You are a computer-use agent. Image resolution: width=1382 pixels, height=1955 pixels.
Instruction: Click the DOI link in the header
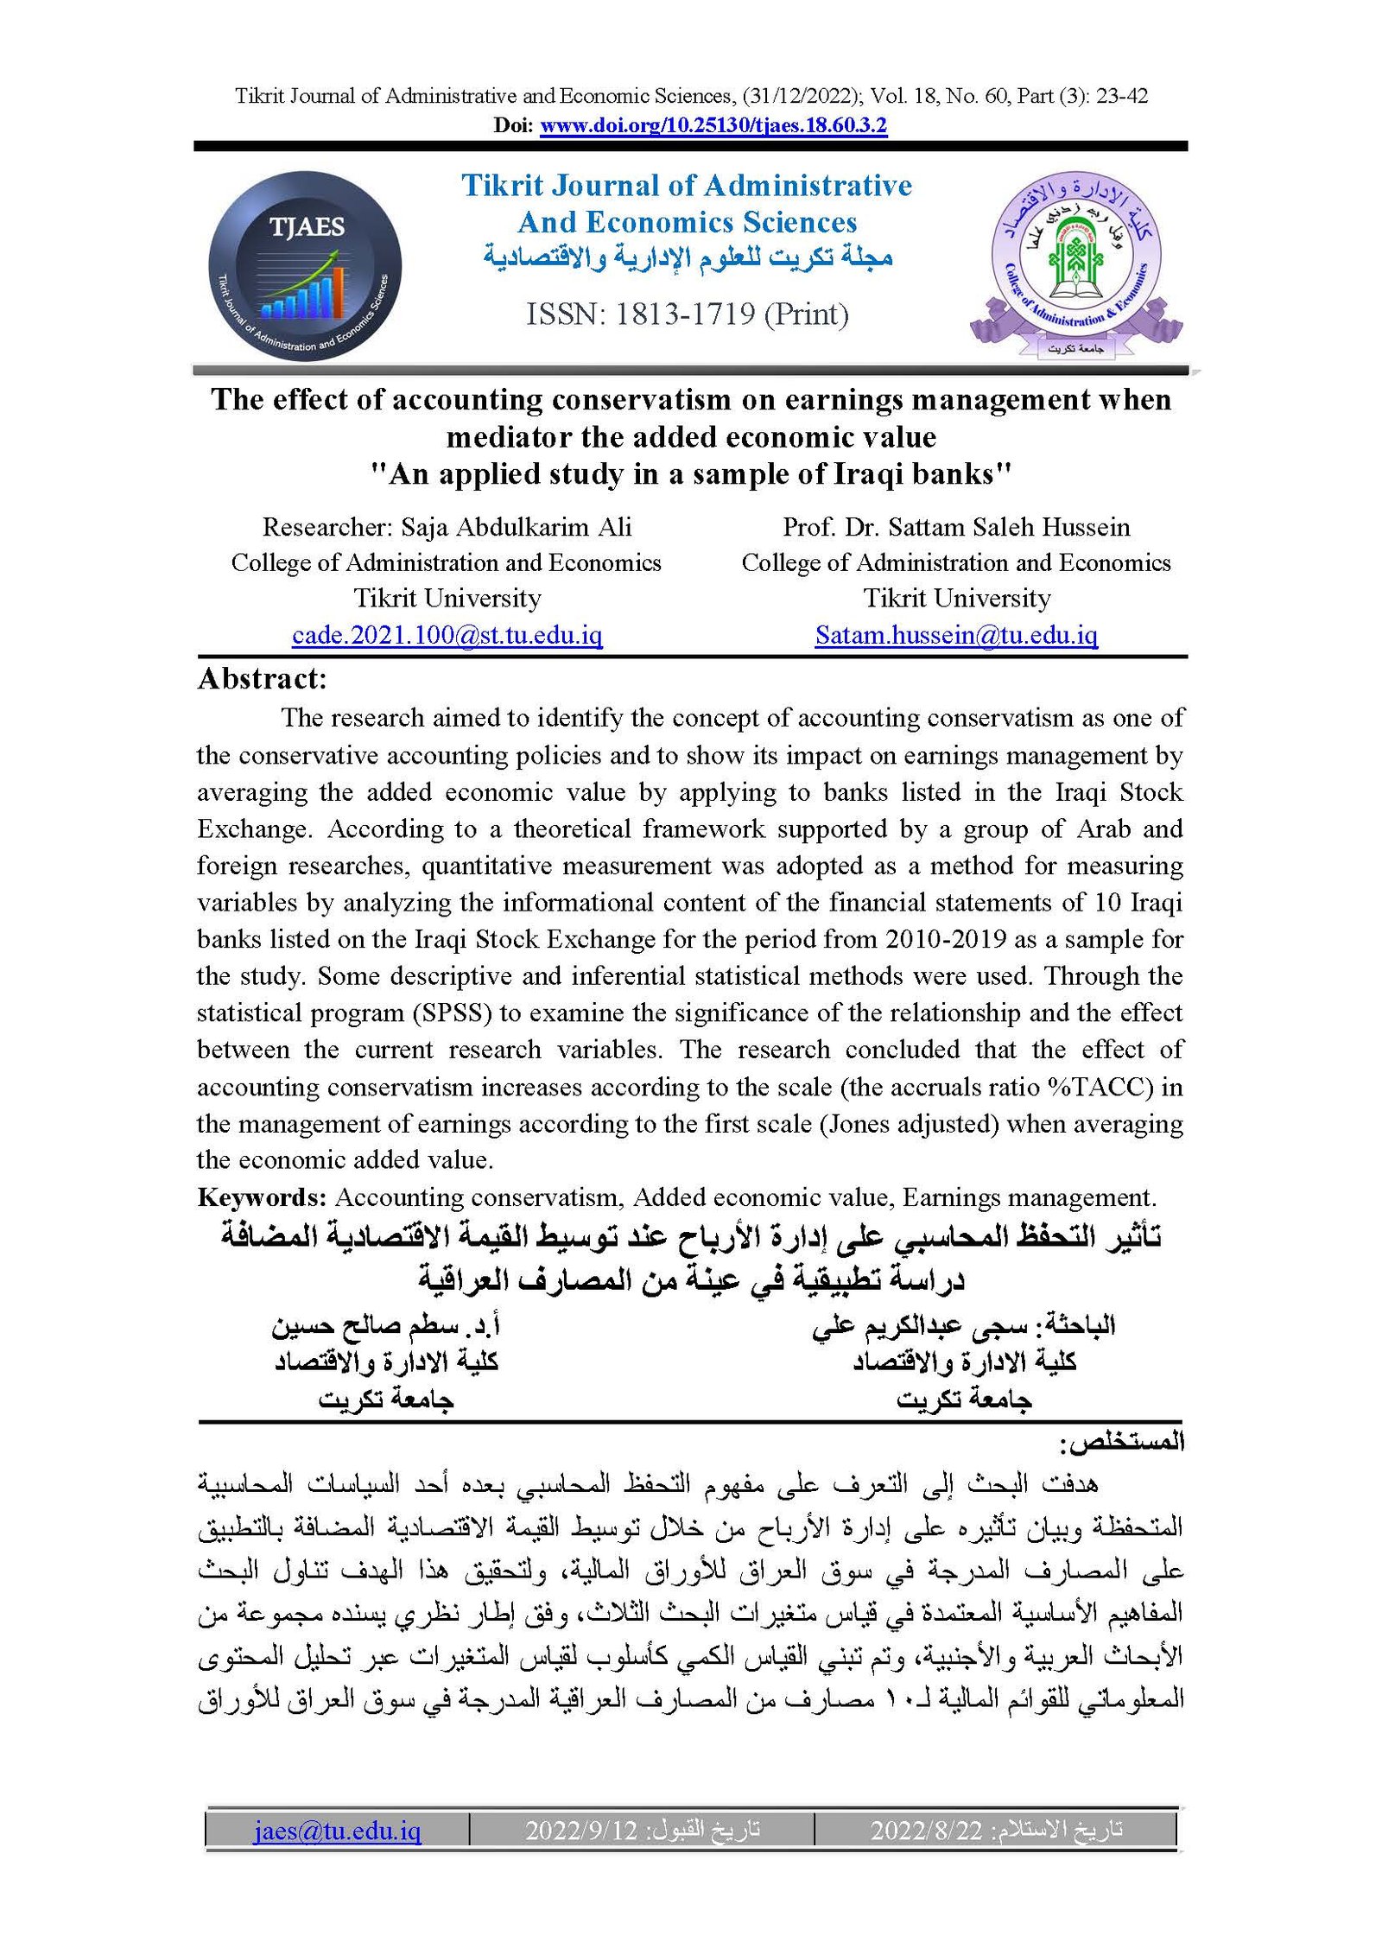click(x=713, y=126)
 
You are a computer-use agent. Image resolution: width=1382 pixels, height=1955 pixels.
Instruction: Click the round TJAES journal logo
click(x=305, y=265)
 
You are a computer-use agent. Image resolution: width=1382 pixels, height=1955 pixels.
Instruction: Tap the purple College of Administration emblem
click(x=1075, y=264)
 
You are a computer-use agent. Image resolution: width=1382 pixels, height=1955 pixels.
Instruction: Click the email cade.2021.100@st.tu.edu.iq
click(x=447, y=635)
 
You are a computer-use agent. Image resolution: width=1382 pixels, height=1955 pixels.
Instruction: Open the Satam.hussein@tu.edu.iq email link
click(x=956, y=635)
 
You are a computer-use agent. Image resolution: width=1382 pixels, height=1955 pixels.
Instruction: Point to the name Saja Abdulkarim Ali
click(x=517, y=527)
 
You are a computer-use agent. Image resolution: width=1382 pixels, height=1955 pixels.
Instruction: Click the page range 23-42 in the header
click(x=1122, y=96)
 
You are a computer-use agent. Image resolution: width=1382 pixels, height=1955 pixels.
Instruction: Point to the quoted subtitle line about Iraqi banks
click(x=690, y=474)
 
